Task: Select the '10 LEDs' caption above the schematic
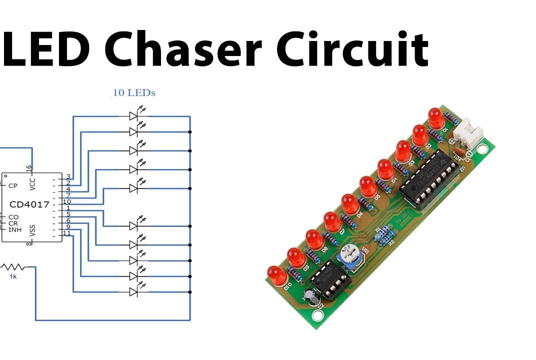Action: (134, 93)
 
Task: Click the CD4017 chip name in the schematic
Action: (29, 204)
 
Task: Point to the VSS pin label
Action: (33, 230)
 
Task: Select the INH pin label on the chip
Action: (14, 229)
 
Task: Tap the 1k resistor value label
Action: (13, 276)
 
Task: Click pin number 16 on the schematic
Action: (29, 168)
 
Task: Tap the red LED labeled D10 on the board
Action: (276, 275)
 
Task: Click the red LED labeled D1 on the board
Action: (435, 116)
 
